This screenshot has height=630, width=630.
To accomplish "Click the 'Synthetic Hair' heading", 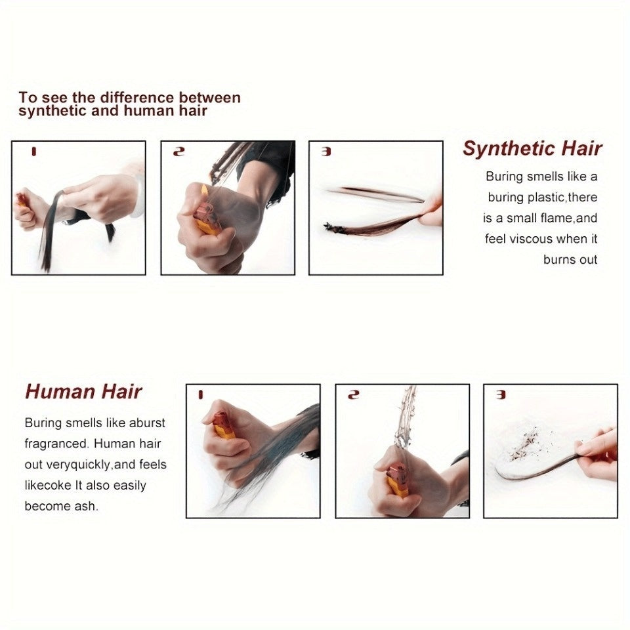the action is (x=532, y=148).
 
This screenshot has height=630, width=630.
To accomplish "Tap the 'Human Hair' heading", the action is (x=83, y=391).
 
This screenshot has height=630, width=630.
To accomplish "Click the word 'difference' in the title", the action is (x=137, y=98).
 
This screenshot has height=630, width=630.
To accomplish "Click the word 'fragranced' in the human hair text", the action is (x=56, y=444).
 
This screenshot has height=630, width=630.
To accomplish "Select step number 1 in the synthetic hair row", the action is (x=33, y=152).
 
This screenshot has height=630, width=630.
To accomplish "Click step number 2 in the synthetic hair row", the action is (x=178, y=152).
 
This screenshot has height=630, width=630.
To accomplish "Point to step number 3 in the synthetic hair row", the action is (x=326, y=152).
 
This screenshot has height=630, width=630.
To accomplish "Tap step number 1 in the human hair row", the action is (x=201, y=395).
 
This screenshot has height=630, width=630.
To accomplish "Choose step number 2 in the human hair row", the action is (x=353, y=395).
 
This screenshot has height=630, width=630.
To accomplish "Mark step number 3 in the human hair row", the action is (x=501, y=395).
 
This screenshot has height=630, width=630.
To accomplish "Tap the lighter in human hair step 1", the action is (x=222, y=425).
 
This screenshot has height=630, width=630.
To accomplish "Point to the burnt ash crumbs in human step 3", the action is (x=524, y=445).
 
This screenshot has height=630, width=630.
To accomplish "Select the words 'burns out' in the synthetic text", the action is (x=570, y=260).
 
